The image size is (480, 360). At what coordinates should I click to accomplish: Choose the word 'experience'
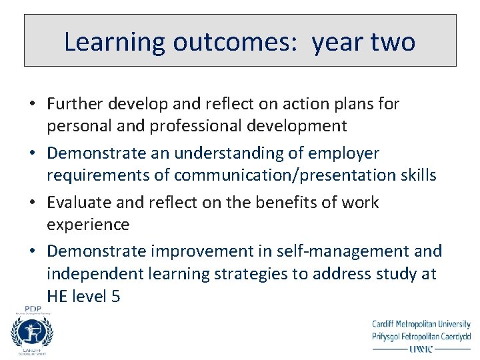(88, 225)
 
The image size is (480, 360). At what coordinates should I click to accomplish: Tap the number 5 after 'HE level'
(116, 297)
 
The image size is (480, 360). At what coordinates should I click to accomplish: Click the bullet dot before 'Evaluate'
(32, 203)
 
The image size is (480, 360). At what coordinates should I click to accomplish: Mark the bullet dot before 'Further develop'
(32, 104)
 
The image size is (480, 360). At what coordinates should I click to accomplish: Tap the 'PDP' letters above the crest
(33, 309)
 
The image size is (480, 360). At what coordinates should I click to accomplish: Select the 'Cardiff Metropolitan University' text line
(421, 325)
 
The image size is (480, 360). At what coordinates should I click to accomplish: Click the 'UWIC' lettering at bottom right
(421, 347)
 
